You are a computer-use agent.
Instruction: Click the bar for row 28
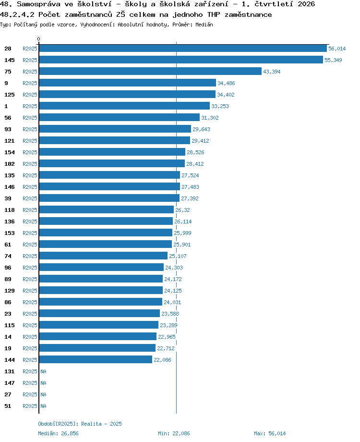[x=183, y=48]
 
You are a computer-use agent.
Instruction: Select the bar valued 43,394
[x=150, y=71]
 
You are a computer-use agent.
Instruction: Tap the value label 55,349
[x=333, y=60]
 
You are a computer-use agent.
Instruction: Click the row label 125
[x=9, y=95]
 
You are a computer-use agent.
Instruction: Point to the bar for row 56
[x=119, y=117]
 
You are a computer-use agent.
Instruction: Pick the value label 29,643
[x=201, y=129]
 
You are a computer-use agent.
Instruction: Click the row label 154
[x=9, y=152]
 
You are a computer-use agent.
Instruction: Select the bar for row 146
[x=109, y=186]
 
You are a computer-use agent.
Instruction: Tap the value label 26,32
[x=182, y=210]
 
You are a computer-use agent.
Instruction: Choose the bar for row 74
[x=103, y=256]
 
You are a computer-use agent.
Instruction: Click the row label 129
[x=9, y=291]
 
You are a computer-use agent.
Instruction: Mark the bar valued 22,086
[x=96, y=359]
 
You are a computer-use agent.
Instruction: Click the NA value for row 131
[x=43, y=371]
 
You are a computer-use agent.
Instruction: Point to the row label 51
[x=8, y=406]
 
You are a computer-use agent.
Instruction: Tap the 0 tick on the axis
[x=38, y=39]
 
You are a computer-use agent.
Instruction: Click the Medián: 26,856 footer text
[x=58, y=433]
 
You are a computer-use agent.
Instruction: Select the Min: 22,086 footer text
[x=174, y=433]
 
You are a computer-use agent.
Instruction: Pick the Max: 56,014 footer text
[x=270, y=433]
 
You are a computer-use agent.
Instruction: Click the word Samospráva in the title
[x=38, y=4]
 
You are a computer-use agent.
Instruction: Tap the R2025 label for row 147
[x=30, y=383]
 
